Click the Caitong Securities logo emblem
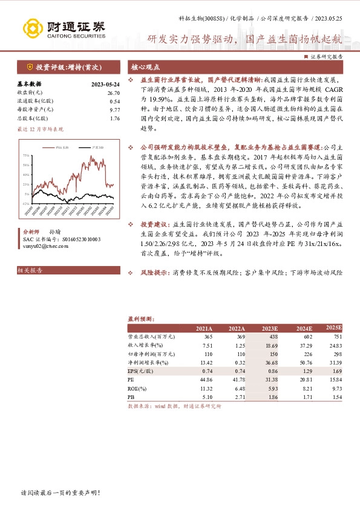click(x=30, y=27)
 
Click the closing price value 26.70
click(x=114, y=93)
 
